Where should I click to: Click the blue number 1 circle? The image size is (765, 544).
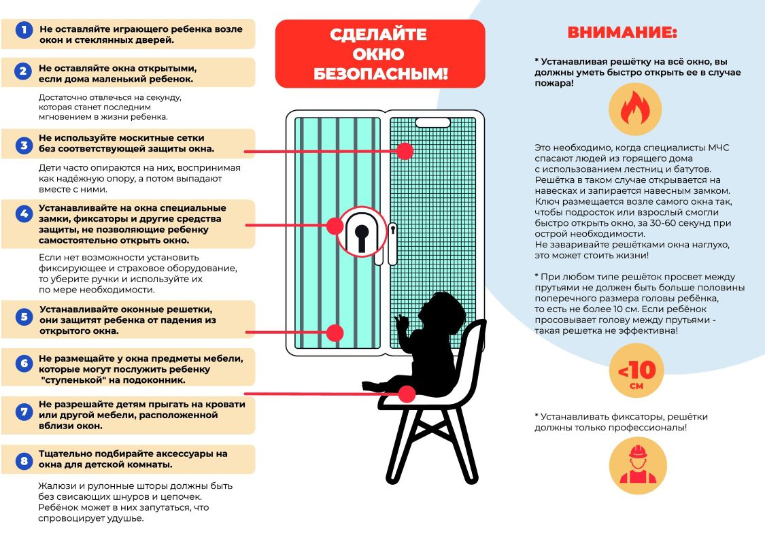[x=24, y=31]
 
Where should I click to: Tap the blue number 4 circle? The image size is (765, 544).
[x=24, y=214]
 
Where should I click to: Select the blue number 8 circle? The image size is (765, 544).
[x=24, y=462]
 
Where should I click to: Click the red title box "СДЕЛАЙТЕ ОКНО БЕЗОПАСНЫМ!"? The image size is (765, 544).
[x=380, y=54]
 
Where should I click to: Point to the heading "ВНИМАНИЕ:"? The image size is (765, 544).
[x=622, y=33]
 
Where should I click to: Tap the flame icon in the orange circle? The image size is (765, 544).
[x=634, y=109]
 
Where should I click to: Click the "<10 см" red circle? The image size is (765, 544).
[x=636, y=373]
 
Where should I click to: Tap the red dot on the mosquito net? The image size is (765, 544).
[x=405, y=151]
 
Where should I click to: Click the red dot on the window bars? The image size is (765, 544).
[x=335, y=333]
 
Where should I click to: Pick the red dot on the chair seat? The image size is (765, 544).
[x=407, y=394]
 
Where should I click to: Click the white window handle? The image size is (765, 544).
[x=392, y=243]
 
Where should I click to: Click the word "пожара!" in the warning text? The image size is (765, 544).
[x=554, y=83]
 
